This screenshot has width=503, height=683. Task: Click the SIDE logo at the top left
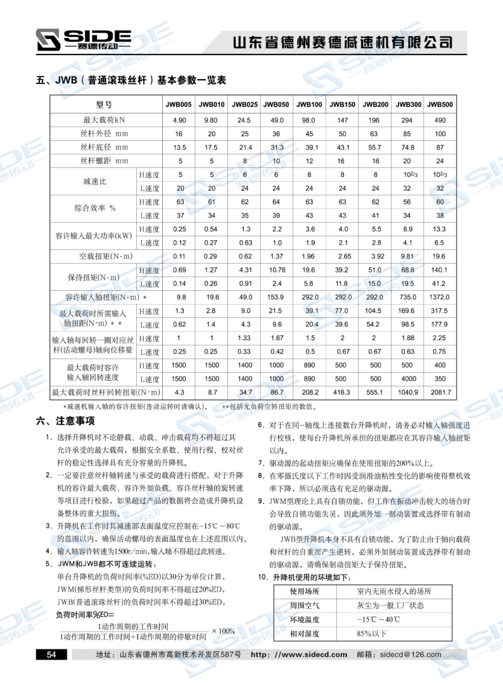click(83, 39)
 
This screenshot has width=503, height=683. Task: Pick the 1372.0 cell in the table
click(440, 297)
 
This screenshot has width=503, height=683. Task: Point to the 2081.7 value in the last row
click(440, 393)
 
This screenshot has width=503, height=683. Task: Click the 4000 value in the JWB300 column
click(407, 379)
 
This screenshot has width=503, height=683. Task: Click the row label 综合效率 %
click(94, 208)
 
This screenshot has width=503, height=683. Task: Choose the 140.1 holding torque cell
click(440, 271)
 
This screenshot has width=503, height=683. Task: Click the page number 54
click(51, 654)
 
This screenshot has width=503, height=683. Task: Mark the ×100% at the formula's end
click(224, 630)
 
